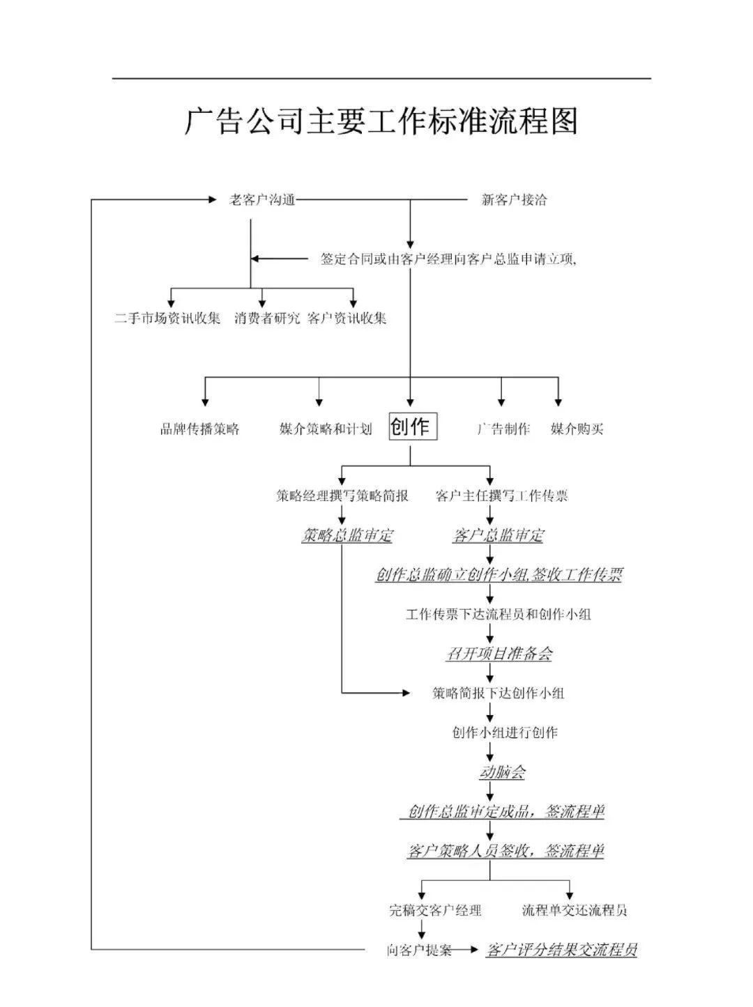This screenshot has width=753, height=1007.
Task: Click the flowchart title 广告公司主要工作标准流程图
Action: coord(381,122)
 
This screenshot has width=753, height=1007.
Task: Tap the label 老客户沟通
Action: coord(263,201)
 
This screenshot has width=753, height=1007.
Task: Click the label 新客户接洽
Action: coord(515,201)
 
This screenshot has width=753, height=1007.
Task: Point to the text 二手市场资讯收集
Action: coord(167,318)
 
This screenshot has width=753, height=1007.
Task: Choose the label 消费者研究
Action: coord(267,318)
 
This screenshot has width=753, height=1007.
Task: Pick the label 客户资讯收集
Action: coord(347,318)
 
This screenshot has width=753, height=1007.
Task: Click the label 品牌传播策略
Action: coord(200,429)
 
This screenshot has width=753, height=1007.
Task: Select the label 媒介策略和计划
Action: coord(326,429)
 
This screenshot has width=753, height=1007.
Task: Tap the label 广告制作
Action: coord(503,429)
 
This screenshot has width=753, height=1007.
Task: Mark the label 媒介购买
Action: coord(577,429)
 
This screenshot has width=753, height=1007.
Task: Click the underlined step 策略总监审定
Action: coord(347,535)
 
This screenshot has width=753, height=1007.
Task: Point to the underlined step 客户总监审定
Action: coord(498,535)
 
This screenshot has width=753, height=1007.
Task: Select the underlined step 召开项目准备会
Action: coord(499,654)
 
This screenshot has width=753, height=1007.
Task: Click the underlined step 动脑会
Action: coord(502,772)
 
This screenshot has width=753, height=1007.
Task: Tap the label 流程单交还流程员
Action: coord(575,910)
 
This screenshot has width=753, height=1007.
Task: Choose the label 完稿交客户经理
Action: coord(435,910)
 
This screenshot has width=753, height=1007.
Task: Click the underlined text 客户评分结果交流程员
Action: coord(561,950)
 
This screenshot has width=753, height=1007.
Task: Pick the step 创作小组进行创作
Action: coord(505,732)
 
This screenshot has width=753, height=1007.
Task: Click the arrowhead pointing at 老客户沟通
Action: coord(213,201)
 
